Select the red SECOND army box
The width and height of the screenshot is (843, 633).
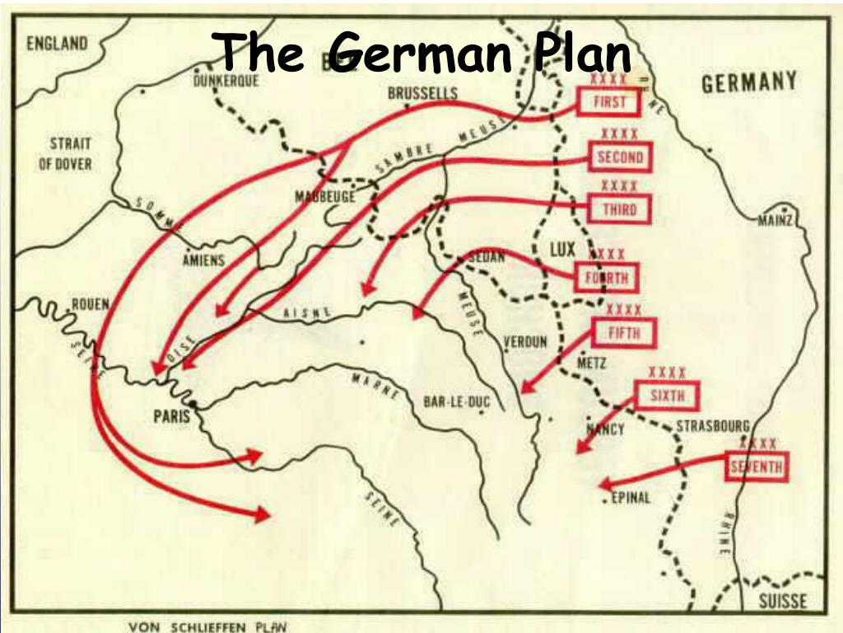coord(620,157)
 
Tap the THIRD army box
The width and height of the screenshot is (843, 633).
coord(620,209)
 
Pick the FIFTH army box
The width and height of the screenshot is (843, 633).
coord(623,333)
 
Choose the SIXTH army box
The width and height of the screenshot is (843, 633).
coord(667,396)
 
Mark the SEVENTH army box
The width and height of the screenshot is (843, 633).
coord(757,467)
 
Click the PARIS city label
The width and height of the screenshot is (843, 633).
coord(171,415)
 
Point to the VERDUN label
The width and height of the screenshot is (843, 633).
coord(525,342)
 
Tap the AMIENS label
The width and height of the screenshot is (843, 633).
coord(203,260)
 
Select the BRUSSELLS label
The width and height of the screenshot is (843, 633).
coord(422,93)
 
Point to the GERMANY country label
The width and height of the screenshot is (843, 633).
coord(748,82)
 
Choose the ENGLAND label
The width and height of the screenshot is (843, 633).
coord(57,43)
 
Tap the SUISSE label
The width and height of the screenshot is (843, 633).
coord(782,600)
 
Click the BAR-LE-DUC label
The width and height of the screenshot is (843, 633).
coord(455,401)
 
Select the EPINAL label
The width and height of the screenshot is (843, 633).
coord(631,497)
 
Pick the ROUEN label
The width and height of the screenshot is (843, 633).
coord(90,304)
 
